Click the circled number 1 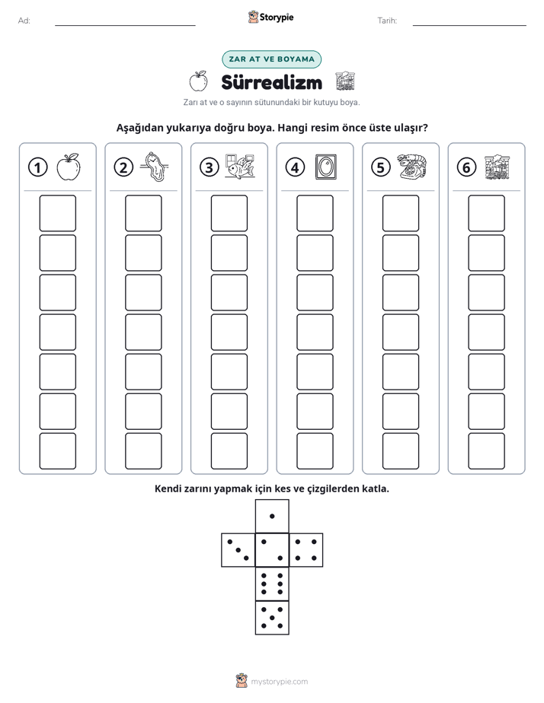(x=37, y=167)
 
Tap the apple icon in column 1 (x=69, y=167)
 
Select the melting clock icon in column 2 (x=155, y=167)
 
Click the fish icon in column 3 (x=240, y=167)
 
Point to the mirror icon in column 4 (x=326, y=167)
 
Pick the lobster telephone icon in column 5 (x=411, y=167)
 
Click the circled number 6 (x=466, y=167)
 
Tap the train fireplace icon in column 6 (x=498, y=167)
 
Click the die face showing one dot (x=272, y=517)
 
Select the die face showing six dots (x=272, y=584)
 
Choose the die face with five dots (x=272, y=618)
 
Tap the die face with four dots (x=306, y=550)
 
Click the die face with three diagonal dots (x=238, y=550)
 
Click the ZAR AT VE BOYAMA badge (x=271, y=59)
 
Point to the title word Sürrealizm (x=271, y=82)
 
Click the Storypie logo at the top (x=270, y=17)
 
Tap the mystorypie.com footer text (x=279, y=682)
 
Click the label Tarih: (x=387, y=21)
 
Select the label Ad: (x=24, y=21)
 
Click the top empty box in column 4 (x=315, y=213)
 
